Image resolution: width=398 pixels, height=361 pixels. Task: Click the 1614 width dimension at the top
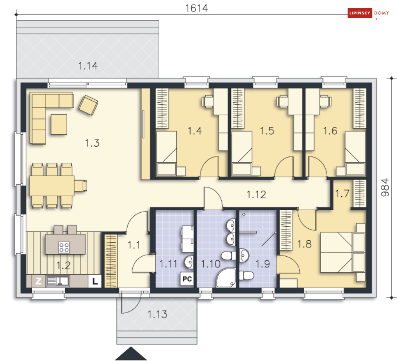click(196, 8)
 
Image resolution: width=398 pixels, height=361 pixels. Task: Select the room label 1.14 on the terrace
click(88, 66)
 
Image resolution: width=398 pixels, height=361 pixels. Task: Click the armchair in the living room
click(88, 105)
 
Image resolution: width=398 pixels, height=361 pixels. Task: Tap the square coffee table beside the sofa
click(59, 124)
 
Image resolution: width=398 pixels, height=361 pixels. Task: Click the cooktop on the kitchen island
click(64, 247)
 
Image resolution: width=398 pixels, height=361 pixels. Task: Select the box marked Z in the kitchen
click(38, 281)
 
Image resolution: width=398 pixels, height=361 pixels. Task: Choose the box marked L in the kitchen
click(95, 281)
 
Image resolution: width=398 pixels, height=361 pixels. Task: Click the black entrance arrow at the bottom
click(131, 354)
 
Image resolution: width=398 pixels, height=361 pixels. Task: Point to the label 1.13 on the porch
click(157, 314)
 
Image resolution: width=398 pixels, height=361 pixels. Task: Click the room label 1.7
click(342, 194)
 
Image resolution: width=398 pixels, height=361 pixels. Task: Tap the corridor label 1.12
click(256, 195)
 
